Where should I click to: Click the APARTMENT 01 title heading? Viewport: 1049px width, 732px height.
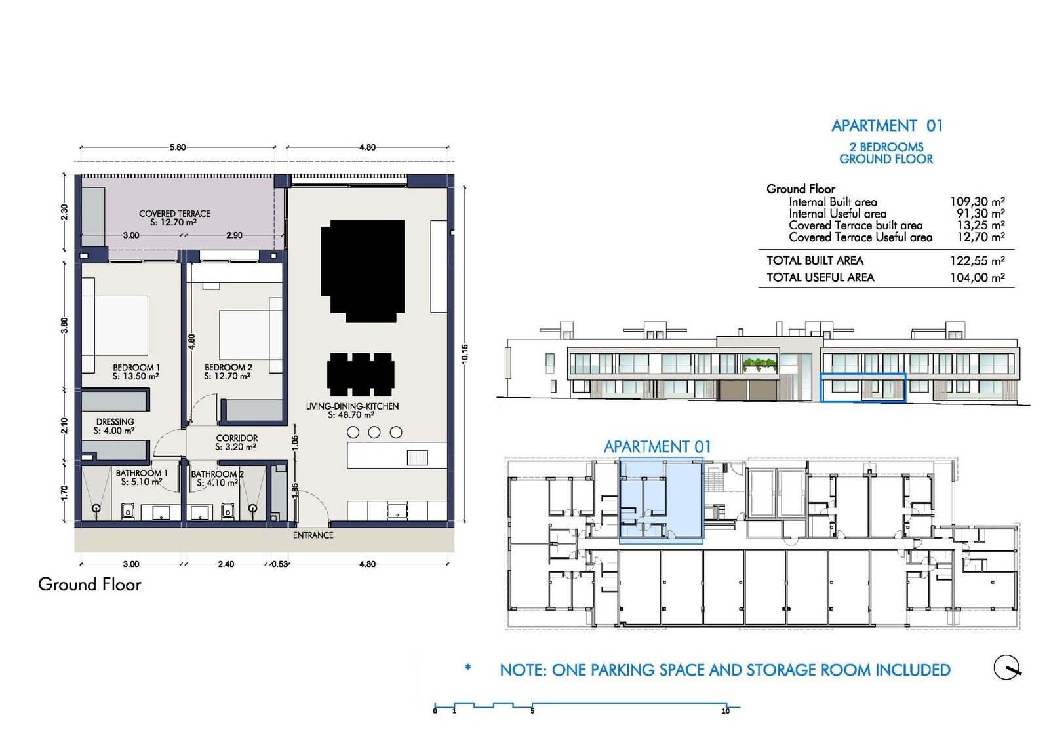[887, 126]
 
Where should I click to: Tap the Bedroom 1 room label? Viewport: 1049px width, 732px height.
[136, 368]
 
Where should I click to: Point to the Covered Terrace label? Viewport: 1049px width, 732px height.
[174, 214]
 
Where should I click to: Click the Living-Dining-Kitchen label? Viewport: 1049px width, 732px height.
[352, 406]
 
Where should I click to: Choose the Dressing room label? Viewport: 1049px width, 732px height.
[115, 421]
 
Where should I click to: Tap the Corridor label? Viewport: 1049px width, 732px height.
[237, 438]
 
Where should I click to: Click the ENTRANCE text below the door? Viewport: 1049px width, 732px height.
[313, 535]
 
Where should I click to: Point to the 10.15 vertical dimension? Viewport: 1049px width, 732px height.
[464, 354]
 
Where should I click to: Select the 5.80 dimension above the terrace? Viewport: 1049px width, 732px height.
[178, 147]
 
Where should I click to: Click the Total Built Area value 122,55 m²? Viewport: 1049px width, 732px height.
[978, 261]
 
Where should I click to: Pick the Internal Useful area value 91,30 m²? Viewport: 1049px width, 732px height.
[981, 214]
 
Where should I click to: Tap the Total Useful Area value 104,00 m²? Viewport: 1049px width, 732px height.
[978, 278]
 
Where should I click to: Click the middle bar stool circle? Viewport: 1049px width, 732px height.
[374, 433]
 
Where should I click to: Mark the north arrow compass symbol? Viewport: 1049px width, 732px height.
[1007, 667]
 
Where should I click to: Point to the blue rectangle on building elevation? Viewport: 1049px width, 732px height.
[863, 387]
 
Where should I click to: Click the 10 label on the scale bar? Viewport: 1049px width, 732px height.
[725, 712]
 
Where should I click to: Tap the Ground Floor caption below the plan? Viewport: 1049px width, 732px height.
[89, 585]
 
